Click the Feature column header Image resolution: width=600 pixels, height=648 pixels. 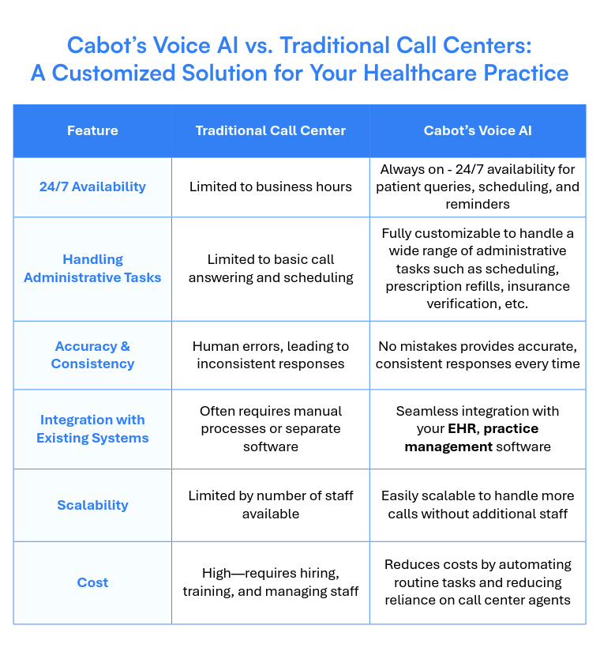click(x=92, y=130)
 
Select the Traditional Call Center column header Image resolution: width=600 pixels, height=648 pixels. click(x=270, y=130)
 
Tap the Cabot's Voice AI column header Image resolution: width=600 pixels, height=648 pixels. click(x=477, y=130)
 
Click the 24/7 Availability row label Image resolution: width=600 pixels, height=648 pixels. click(x=92, y=186)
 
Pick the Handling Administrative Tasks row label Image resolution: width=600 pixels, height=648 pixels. click(x=92, y=269)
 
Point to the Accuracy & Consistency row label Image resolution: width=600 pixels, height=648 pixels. click(x=92, y=355)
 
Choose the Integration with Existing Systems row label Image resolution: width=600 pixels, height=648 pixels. click(x=92, y=428)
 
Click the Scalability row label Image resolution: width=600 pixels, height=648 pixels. click(x=92, y=505)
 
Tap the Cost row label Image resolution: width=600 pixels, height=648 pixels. click(x=92, y=582)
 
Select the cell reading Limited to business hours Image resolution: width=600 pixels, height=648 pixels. click(x=270, y=186)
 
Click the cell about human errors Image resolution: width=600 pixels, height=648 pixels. click(x=270, y=355)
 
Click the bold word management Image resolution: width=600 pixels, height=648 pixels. click(x=448, y=446)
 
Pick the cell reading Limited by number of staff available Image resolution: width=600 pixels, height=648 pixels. click(x=270, y=505)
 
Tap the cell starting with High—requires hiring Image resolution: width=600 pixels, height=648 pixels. click(x=270, y=582)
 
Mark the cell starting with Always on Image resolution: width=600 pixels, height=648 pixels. click(x=477, y=186)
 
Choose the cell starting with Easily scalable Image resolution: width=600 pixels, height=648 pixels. click(x=477, y=505)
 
